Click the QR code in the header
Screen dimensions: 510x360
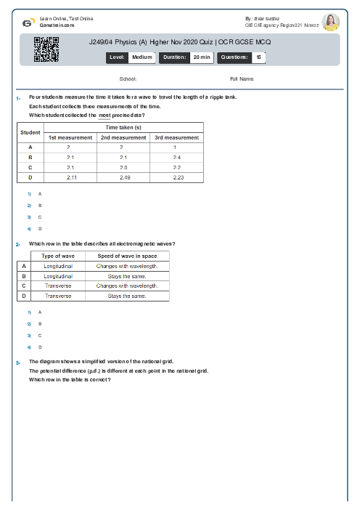click(41, 49)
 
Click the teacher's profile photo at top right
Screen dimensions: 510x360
click(330, 22)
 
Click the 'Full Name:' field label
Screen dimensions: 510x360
click(242, 78)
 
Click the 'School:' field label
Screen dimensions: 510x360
click(128, 78)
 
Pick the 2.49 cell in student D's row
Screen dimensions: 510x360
click(123, 177)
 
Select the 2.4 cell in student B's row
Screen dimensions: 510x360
click(177, 157)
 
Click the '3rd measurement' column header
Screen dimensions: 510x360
click(177, 137)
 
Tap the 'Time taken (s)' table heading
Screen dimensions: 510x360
click(123, 127)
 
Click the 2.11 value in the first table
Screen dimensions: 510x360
click(70, 177)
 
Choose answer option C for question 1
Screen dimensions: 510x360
click(40, 217)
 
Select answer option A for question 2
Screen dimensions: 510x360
click(40, 312)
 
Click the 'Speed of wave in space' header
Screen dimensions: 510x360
click(127, 256)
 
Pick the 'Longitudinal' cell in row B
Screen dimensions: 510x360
click(58, 276)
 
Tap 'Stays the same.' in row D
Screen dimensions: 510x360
click(127, 296)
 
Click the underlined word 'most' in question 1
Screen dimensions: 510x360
click(105, 116)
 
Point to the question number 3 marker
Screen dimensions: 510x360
click(17, 362)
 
